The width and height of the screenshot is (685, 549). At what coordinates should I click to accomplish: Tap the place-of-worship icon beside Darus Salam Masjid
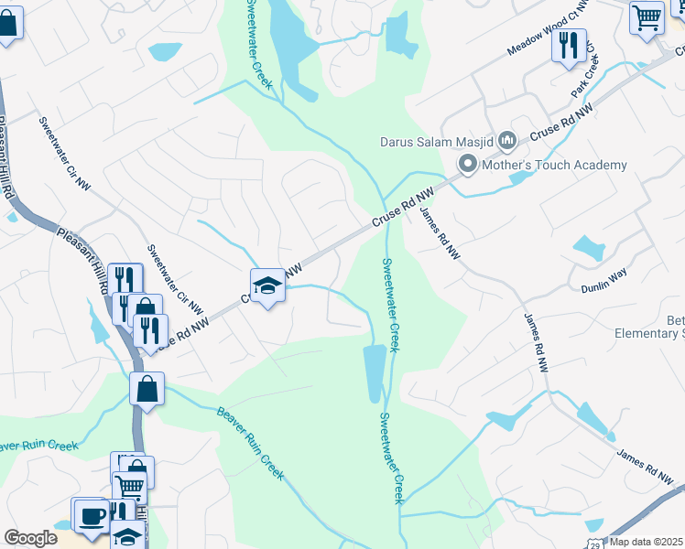coord(509,141)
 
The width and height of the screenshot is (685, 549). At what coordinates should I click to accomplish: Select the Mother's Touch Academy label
coord(555,166)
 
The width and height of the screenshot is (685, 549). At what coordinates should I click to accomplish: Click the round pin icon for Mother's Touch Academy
coord(468,166)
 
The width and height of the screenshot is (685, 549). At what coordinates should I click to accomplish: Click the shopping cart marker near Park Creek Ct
coord(647,16)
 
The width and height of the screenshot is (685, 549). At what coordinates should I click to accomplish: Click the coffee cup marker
coord(90,515)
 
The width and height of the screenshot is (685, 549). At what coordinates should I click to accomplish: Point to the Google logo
coord(30,538)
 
